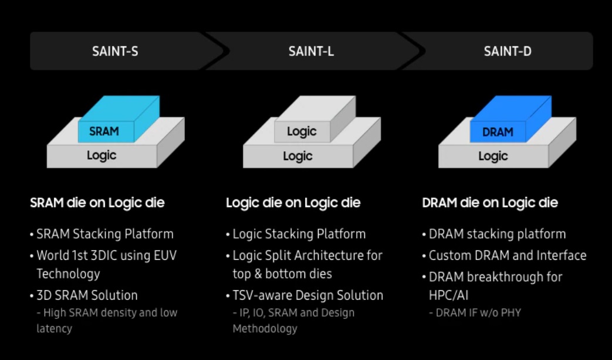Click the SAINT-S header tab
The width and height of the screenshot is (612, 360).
tap(115, 52)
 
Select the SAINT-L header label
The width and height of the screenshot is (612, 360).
tap(311, 52)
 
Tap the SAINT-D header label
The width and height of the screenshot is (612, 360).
tap(508, 52)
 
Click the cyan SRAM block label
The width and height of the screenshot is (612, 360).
tap(104, 132)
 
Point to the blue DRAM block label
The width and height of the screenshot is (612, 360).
tap(498, 133)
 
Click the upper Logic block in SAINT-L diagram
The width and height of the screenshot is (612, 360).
tap(302, 132)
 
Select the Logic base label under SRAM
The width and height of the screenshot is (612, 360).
tap(102, 156)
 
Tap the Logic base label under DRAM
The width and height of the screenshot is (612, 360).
tap(493, 156)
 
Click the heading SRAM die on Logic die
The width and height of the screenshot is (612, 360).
tap(97, 203)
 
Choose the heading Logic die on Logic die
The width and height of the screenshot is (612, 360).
tap(293, 203)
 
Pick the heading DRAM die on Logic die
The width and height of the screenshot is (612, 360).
tap(490, 203)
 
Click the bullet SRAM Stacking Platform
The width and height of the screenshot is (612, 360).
tap(104, 234)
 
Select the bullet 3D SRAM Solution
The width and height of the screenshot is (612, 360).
tap(87, 296)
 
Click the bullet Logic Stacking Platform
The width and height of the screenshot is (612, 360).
tap(299, 234)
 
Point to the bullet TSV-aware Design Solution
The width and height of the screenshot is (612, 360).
tap(307, 296)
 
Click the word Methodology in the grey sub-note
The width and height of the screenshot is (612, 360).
tap(265, 328)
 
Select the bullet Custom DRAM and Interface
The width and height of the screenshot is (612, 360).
tap(507, 256)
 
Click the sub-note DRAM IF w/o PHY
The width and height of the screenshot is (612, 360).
tap(478, 313)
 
